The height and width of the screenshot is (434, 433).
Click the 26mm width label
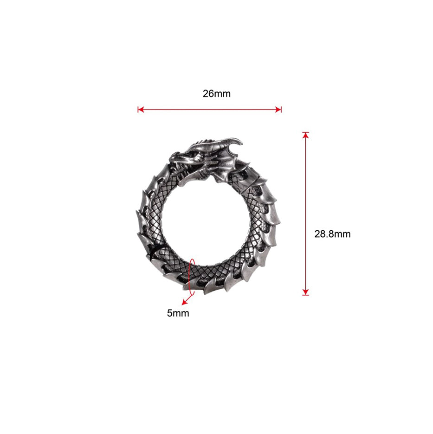[217, 94]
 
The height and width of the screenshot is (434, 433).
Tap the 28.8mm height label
[332, 234]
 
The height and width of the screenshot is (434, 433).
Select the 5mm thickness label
[178, 313]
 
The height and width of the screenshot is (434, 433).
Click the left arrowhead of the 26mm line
[141, 110]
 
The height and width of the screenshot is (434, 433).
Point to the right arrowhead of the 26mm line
[278, 110]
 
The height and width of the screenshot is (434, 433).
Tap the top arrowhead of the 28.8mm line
[305, 136]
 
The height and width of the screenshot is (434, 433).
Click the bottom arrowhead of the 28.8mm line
[305, 292]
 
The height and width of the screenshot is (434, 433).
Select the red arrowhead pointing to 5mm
[183, 302]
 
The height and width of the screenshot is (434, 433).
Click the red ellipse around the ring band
[188, 277]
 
